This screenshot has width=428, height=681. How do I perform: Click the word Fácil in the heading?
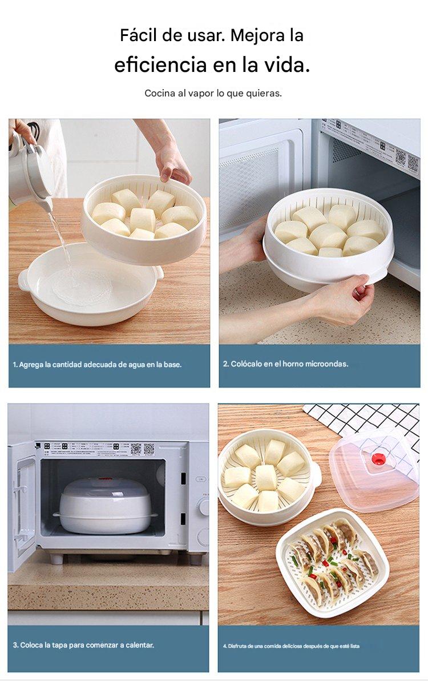(x=139, y=35)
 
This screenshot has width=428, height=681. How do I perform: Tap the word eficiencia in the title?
(x=160, y=65)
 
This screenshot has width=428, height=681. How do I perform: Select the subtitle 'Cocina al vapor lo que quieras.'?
(x=213, y=94)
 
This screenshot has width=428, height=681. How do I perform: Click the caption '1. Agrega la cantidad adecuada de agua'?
(x=97, y=365)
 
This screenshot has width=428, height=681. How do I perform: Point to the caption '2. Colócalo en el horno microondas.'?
(x=286, y=364)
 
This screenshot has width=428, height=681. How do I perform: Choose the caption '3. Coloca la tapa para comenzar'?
(x=83, y=645)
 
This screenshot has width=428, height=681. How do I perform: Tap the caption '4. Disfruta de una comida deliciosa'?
(x=291, y=646)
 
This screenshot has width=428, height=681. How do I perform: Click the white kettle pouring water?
(x=30, y=170)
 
